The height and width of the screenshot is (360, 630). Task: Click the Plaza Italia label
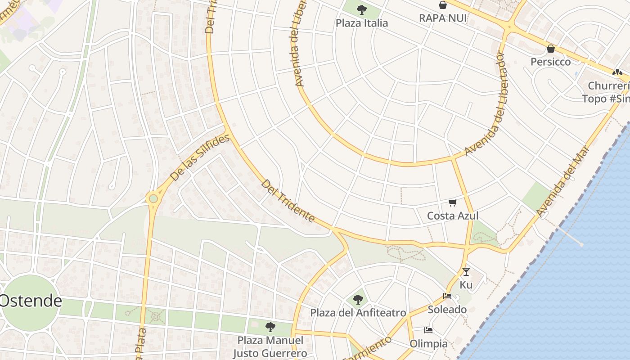click(x=362, y=23)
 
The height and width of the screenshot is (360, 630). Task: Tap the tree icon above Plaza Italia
click(x=361, y=9)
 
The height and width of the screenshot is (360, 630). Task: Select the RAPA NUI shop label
click(x=443, y=18)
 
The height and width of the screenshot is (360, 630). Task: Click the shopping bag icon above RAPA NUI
click(x=443, y=5)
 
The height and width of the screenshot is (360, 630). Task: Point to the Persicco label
click(x=551, y=62)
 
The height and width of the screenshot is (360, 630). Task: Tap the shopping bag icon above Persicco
click(x=551, y=49)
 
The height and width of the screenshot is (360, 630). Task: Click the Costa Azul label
click(x=453, y=216)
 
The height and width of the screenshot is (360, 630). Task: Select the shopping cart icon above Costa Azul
click(x=453, y=203)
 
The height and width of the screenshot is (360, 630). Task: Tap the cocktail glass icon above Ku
click(x=466, y=271)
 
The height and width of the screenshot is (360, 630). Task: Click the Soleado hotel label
click(x=447, y=310)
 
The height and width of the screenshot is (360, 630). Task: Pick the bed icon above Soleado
click(x=447, y=296)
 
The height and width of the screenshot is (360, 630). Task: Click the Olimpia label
click(x=428, y=344)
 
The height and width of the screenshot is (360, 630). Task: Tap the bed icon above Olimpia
click(x=428, y=331)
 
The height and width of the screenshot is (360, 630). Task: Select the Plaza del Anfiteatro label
click(x=358, y=313)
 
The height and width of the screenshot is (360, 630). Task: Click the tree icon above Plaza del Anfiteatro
click(x=358, y=299)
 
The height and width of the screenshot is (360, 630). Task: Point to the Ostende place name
click(x=31, y=301)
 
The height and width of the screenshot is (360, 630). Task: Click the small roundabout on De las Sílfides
click(x=153, y=198)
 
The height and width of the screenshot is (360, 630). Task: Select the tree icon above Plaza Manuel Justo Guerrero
click(x=270, y=327)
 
